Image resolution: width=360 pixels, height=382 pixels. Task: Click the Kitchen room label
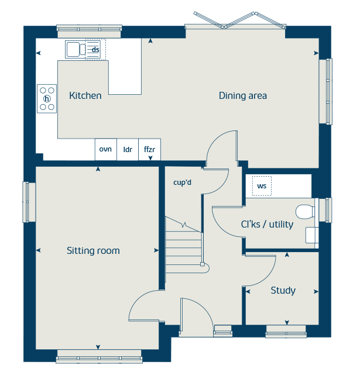pos(85,96)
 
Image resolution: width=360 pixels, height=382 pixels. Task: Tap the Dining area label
pos(243,95)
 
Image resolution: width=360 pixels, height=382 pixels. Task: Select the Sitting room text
pos(93,251)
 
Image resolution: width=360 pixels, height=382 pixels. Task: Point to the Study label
pos(283,291)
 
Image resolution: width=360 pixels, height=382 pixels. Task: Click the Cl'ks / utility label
pos(267,225)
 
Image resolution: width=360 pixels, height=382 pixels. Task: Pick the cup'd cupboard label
pos(183,183)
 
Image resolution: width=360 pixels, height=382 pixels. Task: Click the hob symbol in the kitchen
pos(47,98)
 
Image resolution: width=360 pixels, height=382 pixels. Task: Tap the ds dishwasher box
pos(94,49)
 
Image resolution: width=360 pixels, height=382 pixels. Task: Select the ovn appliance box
pos(105,149)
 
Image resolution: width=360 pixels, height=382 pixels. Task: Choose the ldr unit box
pos(128,149)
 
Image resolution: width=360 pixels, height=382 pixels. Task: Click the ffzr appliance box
pos(149,149)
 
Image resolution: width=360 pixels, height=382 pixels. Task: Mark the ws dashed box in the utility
pos(262,187)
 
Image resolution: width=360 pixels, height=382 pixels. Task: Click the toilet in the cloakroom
pos(305,211)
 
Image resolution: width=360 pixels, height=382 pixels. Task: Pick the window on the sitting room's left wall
pos(27,202)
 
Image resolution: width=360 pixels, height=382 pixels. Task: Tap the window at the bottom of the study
pos(286,335)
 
